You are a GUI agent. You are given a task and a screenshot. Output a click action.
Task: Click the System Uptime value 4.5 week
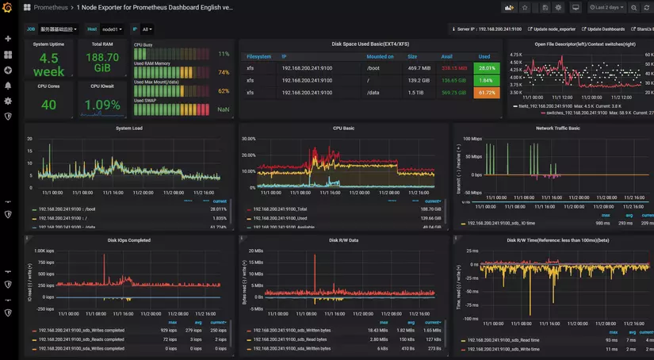(x=49, y=65)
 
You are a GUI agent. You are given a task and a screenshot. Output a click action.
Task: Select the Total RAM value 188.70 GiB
(x=102, y=63)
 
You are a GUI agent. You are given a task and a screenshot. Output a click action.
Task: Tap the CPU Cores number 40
(x=49, y=105)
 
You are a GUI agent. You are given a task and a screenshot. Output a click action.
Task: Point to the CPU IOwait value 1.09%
(x=102, y=105)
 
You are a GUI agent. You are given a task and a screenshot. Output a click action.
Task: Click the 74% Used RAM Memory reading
(x=224, y=72)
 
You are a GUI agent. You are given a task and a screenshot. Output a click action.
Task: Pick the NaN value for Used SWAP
(x=224, y=109)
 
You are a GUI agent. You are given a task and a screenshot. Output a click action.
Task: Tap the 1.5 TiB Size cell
(x=415, y=93)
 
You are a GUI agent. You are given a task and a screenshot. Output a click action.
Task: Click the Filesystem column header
(x=259, y=57)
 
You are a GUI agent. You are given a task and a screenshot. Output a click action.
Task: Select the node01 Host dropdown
(x=112, y=29)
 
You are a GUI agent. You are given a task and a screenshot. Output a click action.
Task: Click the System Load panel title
(x=129, y=128)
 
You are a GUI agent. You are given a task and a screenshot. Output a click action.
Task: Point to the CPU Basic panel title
(x=343, y=128)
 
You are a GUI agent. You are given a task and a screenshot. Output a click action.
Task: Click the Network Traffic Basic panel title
(x=557, y=128)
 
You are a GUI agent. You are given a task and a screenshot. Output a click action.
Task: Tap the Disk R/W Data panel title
(x=343, y=240)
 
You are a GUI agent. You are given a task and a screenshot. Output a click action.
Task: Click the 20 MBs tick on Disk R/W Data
(x=256, y=251)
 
